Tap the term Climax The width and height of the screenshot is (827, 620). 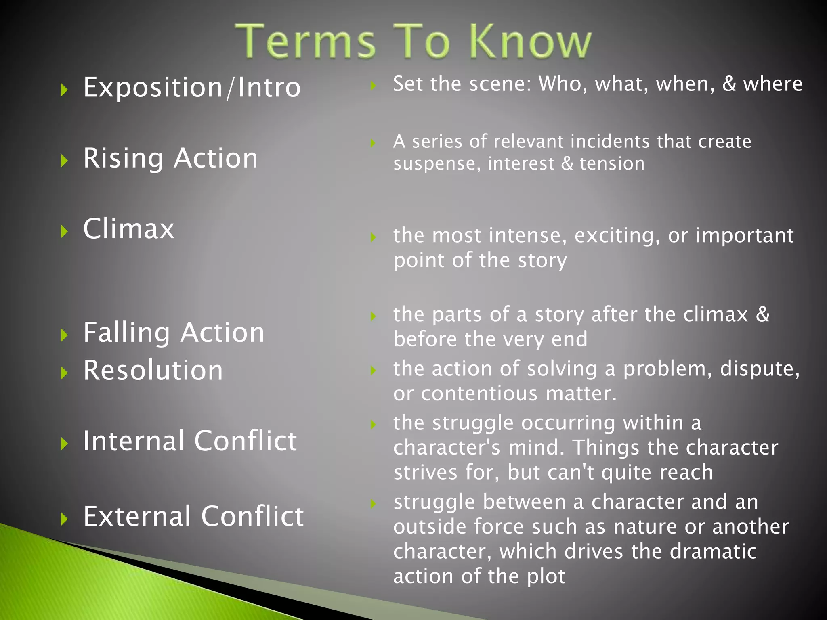(x=129, y=228)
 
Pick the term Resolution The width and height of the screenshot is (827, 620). (x=153, y=370)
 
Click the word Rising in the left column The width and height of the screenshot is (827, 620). (x=123, y=158)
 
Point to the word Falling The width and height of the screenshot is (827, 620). (x=127, y=333)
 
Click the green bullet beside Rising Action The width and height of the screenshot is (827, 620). (x=64, y=161)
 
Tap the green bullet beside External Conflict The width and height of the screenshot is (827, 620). (x=64, y=519)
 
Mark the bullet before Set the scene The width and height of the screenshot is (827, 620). (x=373, y=86)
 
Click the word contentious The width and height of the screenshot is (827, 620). (x=479, y=394)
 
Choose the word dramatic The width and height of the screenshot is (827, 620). (x=713, y=551)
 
